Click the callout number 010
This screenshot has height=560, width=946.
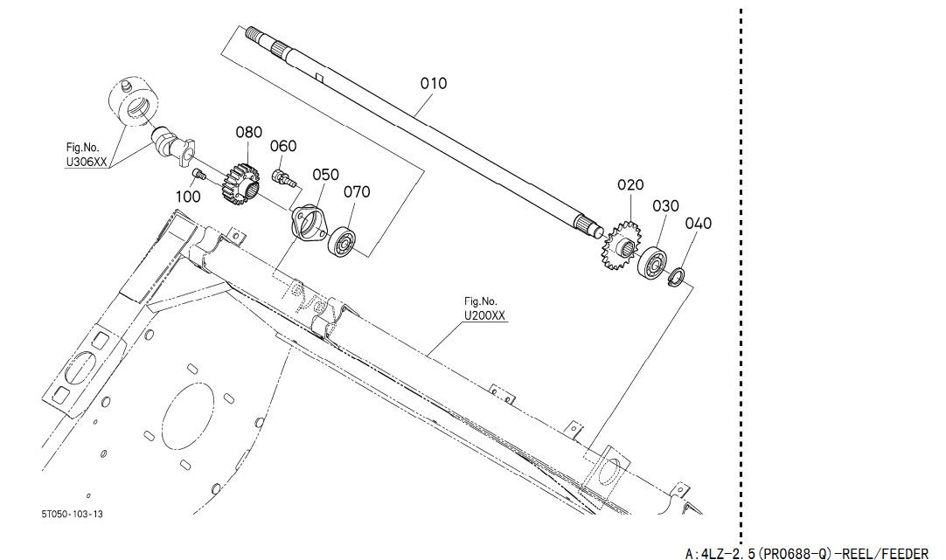tap(434, 83)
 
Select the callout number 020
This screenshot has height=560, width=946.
tap(630, 184)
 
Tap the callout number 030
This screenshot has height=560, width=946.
tap(665, 206)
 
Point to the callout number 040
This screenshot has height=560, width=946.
tap(698, 224)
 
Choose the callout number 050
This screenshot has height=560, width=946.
tap(325, 175)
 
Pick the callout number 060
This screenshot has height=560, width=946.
tap(283, 146)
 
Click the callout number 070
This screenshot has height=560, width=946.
tap(357, 191)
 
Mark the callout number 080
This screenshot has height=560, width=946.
tap(248, 132)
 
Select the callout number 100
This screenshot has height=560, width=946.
tap(188, 197)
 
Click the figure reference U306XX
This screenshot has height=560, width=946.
tap(87, 162)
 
